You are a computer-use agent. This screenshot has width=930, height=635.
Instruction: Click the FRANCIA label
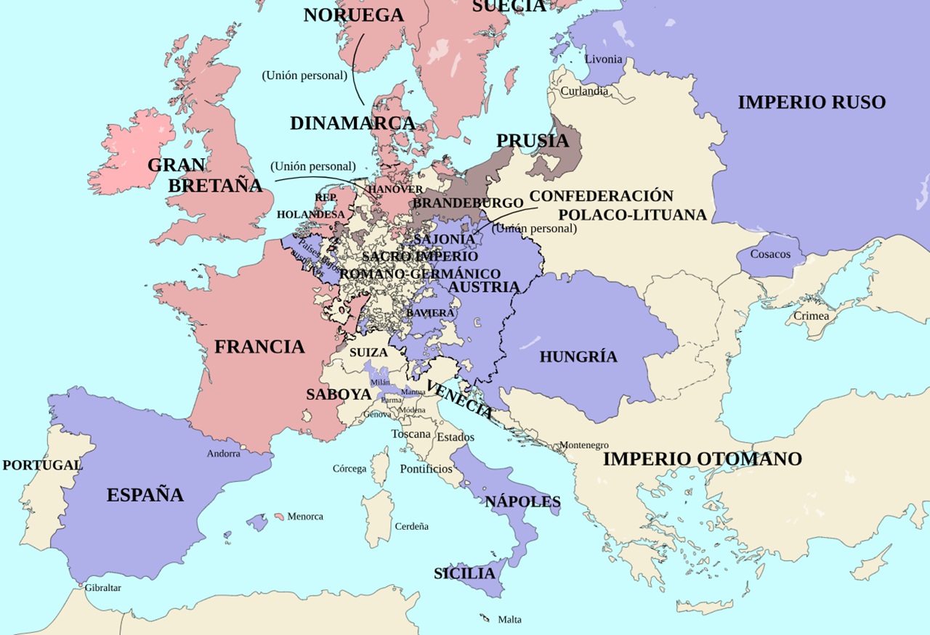pos(259,347)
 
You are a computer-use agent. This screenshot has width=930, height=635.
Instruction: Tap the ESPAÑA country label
pos(145,495)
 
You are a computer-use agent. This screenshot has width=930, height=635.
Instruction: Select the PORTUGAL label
pos(42,465)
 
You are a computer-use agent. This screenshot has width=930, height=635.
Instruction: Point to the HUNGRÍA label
pos(578,356)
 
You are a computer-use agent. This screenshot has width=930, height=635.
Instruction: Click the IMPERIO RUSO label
pos(812,102)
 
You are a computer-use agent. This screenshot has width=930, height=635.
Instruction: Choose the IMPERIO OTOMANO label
pos(702,459)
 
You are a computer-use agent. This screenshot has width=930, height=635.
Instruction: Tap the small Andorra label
pos(223,454)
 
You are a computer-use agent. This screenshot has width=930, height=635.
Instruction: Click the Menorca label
pos(305,517)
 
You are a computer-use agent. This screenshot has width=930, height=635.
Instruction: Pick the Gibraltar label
pos(102,588)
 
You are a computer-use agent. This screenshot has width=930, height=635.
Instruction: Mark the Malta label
pos(509,620)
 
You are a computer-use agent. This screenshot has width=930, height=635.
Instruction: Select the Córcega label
pos(349,469)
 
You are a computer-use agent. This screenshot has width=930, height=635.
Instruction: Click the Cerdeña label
pos(411,526)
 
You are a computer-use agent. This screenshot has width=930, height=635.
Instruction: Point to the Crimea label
pos(811,316)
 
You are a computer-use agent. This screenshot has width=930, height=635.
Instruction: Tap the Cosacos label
pos(770,254)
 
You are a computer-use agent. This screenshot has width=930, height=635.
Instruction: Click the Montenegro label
pos(583,445)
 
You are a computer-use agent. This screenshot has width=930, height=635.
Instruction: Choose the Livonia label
pos(604,59)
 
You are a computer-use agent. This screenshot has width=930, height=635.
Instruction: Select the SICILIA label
pos(464,573)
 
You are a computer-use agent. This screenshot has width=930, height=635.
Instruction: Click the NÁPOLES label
pos(523,501)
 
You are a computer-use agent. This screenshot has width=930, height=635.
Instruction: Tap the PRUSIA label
pos(533,141)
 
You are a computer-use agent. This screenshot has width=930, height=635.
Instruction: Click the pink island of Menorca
pos(279,517)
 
